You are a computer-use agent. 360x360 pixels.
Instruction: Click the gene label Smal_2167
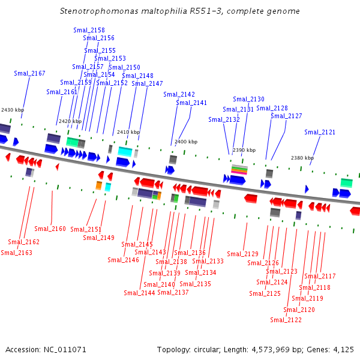pyautogui.click(x=29, y=73)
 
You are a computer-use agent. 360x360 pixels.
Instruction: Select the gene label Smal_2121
pyautogui.click(x=320, y=132)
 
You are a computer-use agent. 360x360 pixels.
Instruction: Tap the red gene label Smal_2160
pyautogui.click(x=50, y=229)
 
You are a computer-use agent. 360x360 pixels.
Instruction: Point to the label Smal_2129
pyautogui.click(x=242, y=254)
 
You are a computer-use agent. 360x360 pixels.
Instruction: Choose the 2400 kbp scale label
pyautogui.click(x=185, y=142)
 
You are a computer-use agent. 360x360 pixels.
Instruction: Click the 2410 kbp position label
pyautogui.click(x=128, y=132)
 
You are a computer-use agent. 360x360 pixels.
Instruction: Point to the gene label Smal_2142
pyautogui.click(x=179, y=94)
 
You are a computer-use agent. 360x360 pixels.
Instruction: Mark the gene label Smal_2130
pyautogui.click(x=248, y=99)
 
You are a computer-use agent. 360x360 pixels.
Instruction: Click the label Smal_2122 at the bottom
pyautogui.click(x=286, y=320)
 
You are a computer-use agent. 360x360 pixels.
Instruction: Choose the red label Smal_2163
pyautogui.click(x=16, y=253)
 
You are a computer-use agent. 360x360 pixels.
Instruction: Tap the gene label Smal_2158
pyautogui.click(x=89, y=30)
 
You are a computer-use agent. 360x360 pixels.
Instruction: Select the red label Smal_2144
pyautogui.click(x=139, y=293)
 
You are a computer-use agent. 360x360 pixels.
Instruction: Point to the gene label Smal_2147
pyautogui.click(x=147, y=83)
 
